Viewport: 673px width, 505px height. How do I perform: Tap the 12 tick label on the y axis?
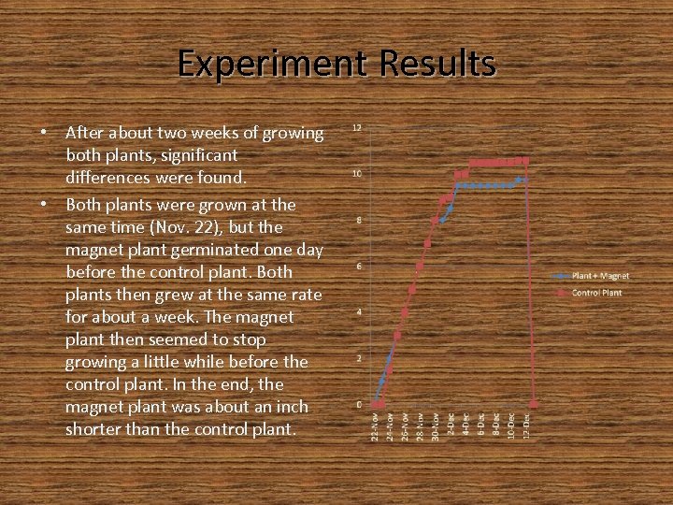tap(357, 127)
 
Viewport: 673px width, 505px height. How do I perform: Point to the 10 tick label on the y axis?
tap(357, 174)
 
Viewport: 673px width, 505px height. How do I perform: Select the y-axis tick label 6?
tap(358, 267)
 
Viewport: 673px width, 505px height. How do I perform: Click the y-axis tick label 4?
tap(358, 312)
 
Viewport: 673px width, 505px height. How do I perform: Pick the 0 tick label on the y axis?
tap(358, 404)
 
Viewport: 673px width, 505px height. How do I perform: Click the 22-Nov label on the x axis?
tap(375, 427)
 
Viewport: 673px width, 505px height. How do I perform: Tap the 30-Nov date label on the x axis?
tap(435, 427)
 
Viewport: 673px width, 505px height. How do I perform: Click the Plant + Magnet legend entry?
tap(599, 276)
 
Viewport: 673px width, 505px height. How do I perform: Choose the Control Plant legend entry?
tap(595, 293)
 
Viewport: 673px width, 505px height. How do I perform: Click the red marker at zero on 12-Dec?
tap(534, 404)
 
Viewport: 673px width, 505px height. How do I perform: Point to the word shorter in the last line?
tap(94, 430)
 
